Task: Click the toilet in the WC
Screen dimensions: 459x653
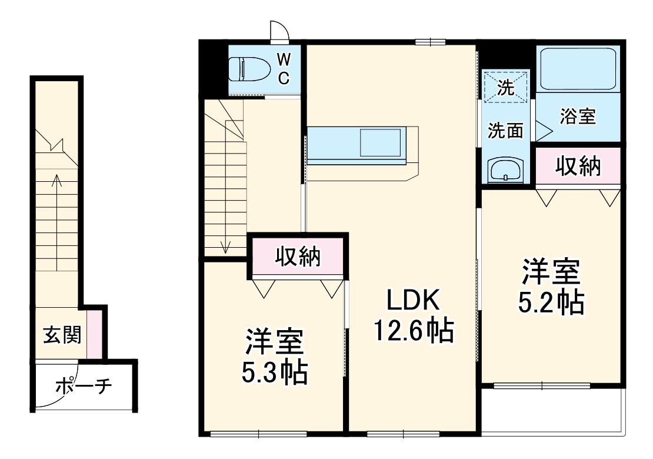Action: coord(248,69)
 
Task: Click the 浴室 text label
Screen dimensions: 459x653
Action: coord(578,117)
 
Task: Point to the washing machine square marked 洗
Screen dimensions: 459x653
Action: coord(505,87)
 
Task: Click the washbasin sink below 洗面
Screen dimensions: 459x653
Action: coord(505,171)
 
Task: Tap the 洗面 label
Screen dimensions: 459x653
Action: coord(505,131)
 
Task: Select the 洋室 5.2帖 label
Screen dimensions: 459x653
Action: coord(551,287)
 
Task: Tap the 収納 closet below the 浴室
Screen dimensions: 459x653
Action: coord(578,167)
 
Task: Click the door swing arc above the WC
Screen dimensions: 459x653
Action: coord(278,29)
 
